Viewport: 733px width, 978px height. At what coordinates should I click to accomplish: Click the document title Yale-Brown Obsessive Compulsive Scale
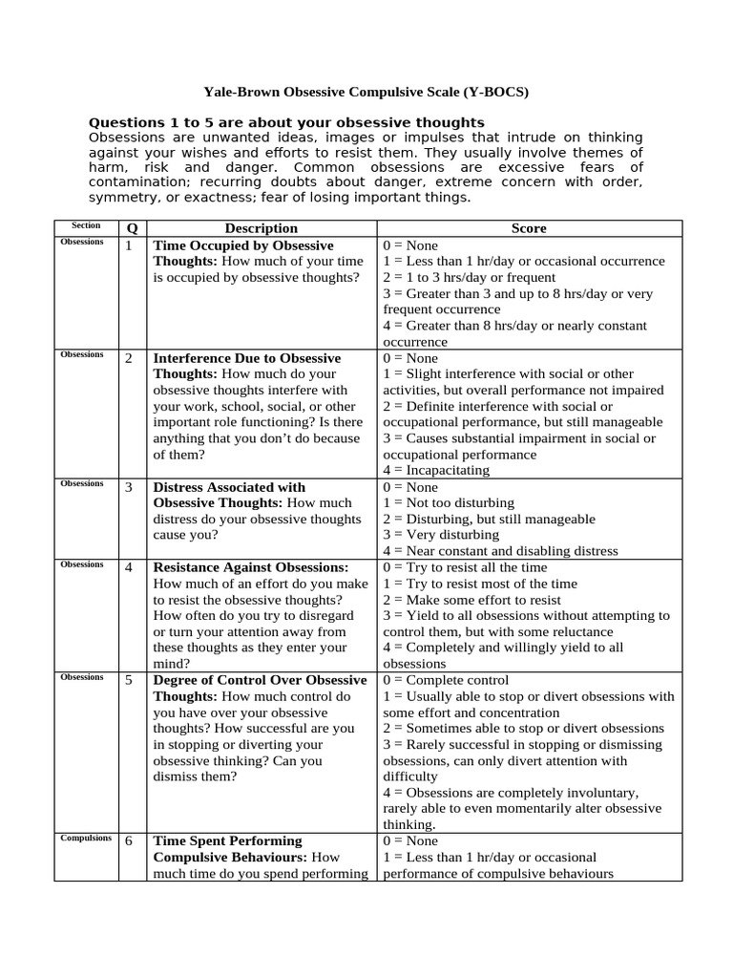click(x=366, y=93)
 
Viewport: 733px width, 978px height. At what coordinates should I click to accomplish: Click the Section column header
click(x=86, y=226)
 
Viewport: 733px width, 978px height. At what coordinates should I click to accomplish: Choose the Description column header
click(x=261, y=228)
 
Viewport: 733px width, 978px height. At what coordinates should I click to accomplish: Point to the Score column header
click(x=529, y=228)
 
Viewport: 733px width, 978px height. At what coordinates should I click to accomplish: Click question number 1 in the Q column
click(x=129, y=245)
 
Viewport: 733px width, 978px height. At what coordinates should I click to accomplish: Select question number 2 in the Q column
click(x=129, y=358)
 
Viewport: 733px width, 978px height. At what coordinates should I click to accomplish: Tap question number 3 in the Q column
click(x=129, y=487)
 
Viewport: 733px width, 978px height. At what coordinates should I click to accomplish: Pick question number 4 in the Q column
click(x=129, y=567)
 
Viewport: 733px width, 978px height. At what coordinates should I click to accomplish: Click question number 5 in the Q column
click(x=129, y=680)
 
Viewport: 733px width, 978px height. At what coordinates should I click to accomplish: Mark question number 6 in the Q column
click(x=129, y=841)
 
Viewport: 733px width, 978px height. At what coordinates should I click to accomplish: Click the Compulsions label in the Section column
click(x=86, y=839)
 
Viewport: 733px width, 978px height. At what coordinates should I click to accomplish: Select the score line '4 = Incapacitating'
click(x=436, y=471)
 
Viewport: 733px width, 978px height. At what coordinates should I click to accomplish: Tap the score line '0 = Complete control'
click(x=446, y=680)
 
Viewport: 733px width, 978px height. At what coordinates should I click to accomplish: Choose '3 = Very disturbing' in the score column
click(x=441, y=535)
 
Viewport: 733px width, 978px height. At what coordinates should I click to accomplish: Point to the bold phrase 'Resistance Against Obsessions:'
click(x=251, y=567)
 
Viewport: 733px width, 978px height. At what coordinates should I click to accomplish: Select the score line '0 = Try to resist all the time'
click(x=465, y=567)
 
